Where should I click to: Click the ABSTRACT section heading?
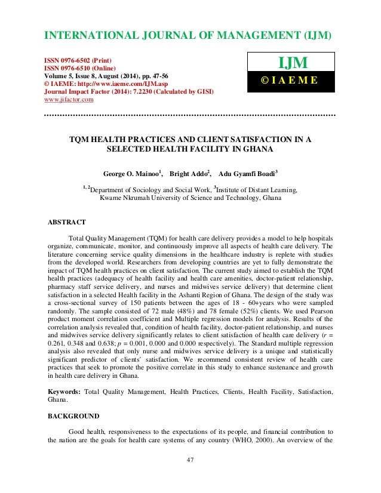tap(67, 222)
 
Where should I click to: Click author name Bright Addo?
tap(190, 174)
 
